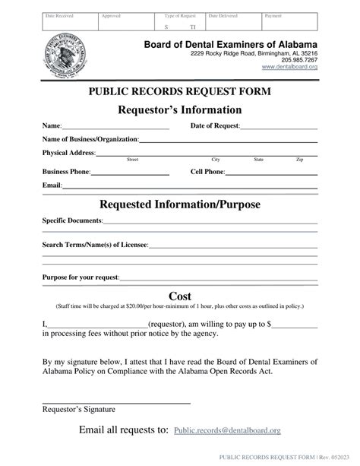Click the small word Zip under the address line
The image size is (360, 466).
coord(299,160)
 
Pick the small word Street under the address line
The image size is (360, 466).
coord(131,160)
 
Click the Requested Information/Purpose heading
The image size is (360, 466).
coord(180,205)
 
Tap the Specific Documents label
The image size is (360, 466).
coord(72,220)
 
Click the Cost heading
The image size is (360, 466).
coord(180,296)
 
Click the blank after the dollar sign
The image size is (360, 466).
coord(294,325)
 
